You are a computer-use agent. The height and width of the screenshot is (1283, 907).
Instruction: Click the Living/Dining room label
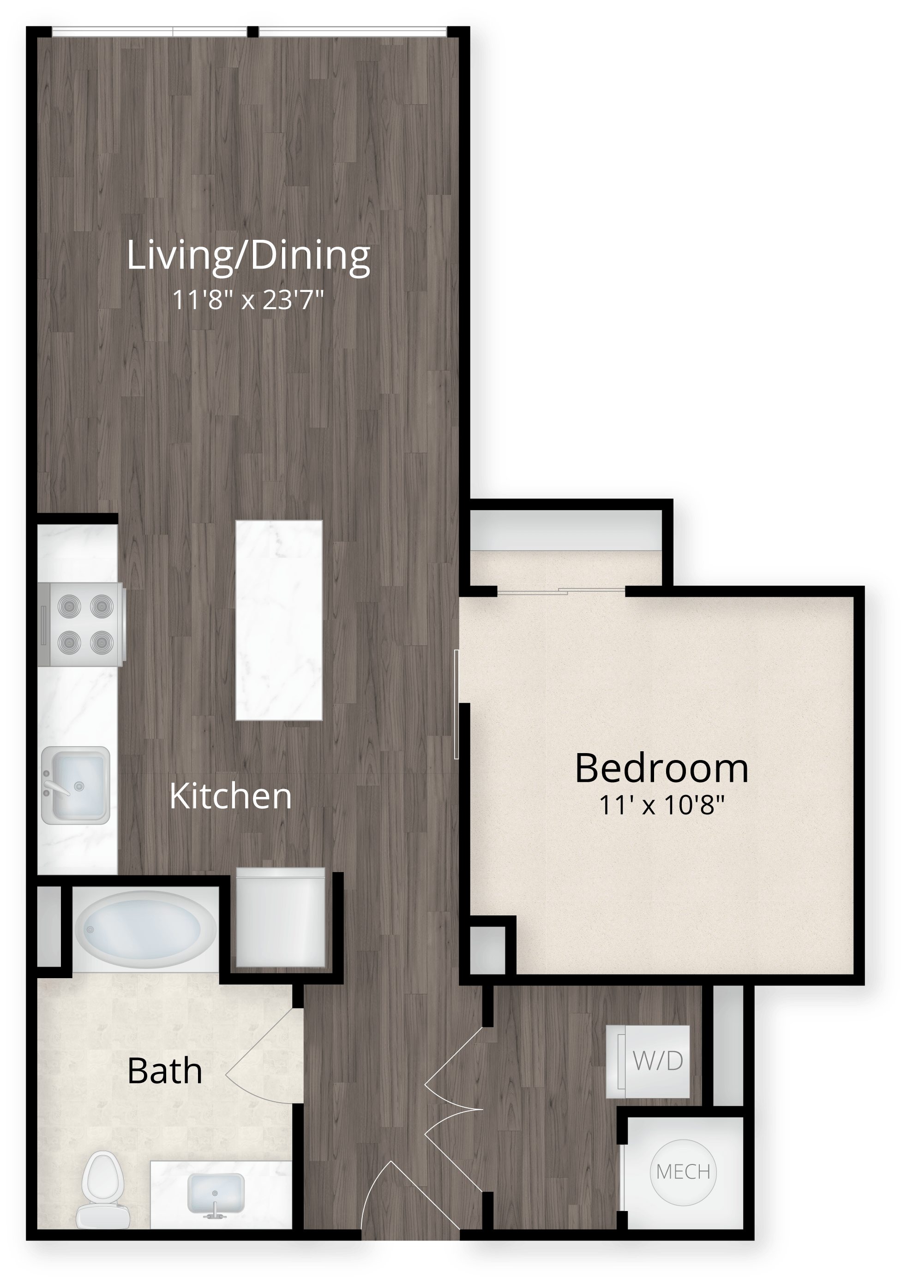(x=248, y=256)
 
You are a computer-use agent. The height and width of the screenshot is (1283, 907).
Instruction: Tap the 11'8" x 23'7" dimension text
(x=248, y=300)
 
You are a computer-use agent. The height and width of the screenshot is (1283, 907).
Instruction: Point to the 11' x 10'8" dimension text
(x=662, y=805)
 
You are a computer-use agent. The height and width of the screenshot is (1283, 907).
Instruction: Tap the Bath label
(x=164, y=1071)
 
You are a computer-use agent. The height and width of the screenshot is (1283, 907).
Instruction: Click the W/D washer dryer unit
(x=648, y=1061)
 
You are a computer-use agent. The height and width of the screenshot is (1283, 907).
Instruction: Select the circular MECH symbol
(x=683, y=1172)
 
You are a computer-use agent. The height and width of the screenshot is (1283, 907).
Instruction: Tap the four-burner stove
(x=82, y=624)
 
